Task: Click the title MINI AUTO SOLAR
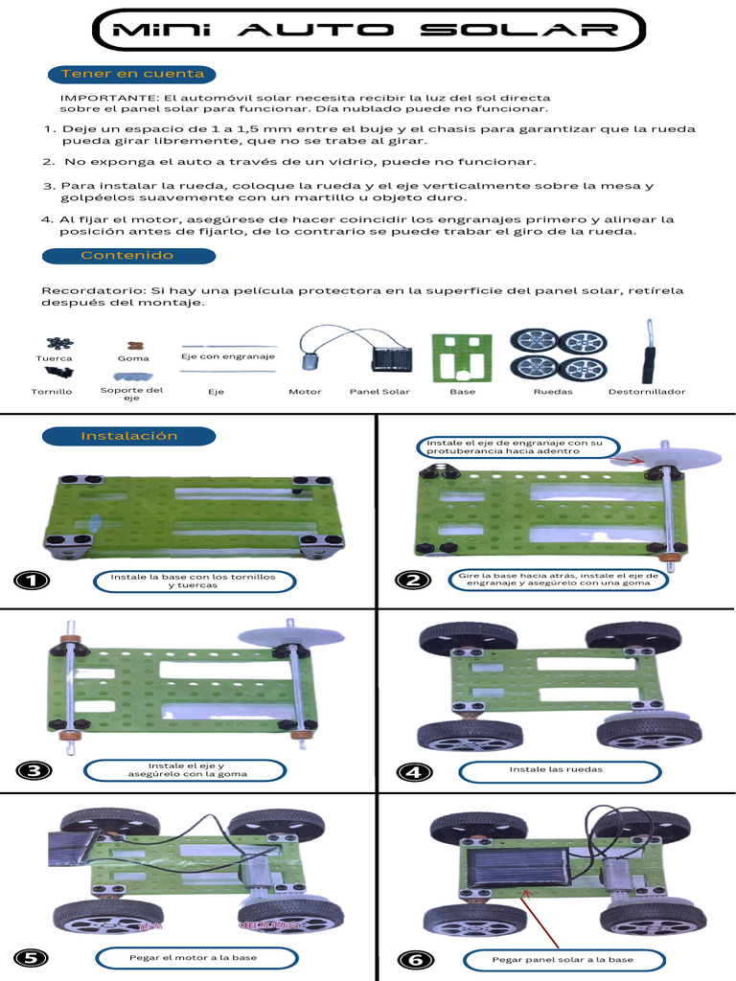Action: click(366, 30)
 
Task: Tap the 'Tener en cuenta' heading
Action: click(132, 74)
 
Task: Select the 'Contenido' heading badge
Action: click(128, 256)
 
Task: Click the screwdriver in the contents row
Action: click(648, 353)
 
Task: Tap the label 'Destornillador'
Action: click(646, 392)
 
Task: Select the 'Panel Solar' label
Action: click(379, 392)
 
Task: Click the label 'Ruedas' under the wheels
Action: click(553, 392)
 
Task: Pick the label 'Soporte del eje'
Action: click(132, 394)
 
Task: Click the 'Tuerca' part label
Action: click(54, 358)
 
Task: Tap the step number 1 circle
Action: click(32, 581)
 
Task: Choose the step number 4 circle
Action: click(413, 772)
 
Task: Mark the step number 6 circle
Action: click(414, 959)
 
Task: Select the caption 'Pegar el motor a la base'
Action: click(193, 957)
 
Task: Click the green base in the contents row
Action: click(462, 357)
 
